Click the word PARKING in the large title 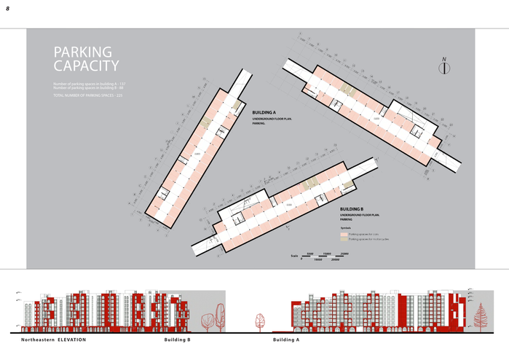[x=83, y=52]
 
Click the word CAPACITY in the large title [x=86, y=66]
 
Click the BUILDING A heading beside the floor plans [x=264, y=113]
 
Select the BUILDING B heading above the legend [x=352, y=209]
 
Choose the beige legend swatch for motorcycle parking [x=343, y=239]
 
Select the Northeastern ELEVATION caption [x=53, y=340]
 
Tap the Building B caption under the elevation [x=177, y=340]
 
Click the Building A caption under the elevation [x=286, y=340]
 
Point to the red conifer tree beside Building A [x=479, y=314]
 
